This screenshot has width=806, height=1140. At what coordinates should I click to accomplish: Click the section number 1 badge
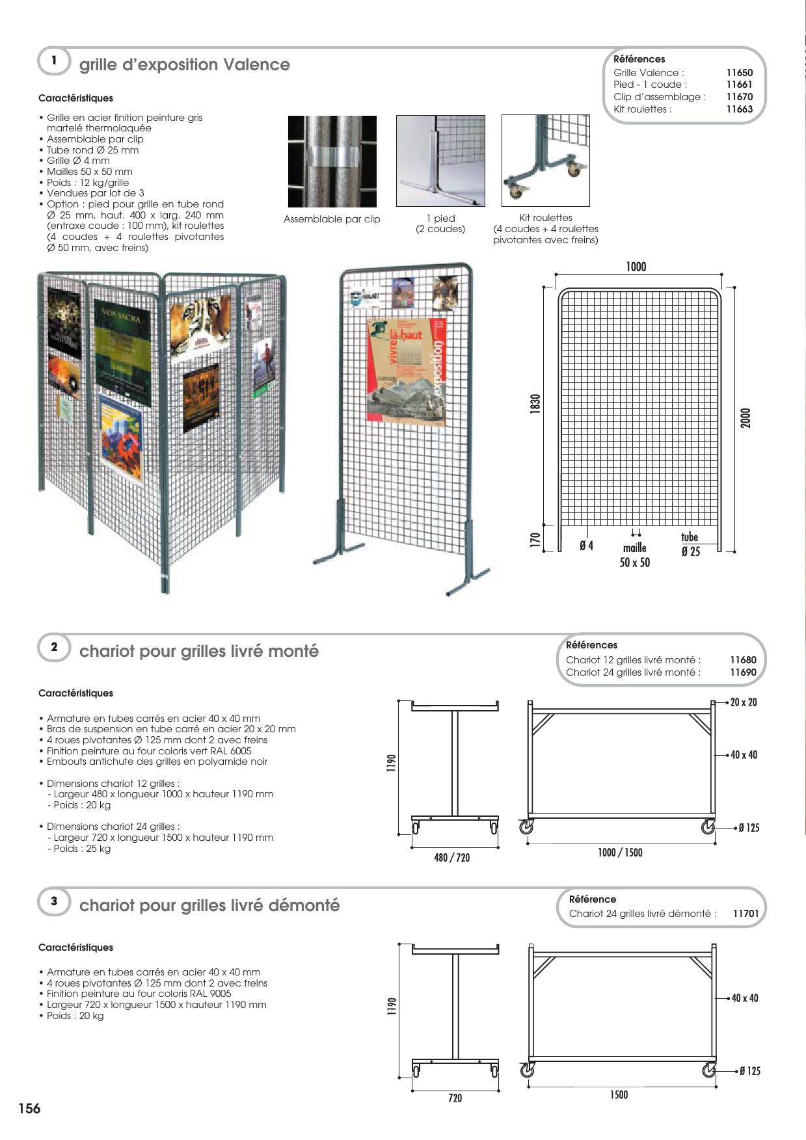pyautogui.click(x=54, y=61)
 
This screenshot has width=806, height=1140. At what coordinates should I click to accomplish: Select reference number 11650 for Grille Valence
pyautogui.click(x=739, y=73)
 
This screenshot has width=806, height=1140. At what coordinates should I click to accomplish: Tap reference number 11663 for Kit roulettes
pyautogui.click(x=739, y=109)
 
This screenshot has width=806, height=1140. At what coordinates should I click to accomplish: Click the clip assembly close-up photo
pyautogui.click(x=332, y=161)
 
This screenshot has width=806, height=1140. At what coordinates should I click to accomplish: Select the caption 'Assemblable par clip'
pyautogui.click(x=332, y=219)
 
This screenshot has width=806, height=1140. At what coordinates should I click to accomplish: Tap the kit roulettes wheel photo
pyautogui.click(x=545, y=161)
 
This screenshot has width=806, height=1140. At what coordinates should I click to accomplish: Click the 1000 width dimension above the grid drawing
pyautogui.click(x=636, y=267)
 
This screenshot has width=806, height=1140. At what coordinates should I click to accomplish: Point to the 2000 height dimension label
pyautogui.click(x=746, y=418)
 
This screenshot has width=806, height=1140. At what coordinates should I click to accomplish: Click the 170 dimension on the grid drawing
pyautogui.click(x=535, y=540)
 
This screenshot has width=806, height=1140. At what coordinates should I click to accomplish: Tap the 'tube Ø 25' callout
pyautogui.click(x=690, y=544)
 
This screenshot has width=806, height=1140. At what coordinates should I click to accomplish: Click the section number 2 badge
pyautogui.click(x=54, y=647)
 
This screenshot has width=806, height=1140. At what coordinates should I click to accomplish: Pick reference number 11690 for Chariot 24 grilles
pyautogui.click(x=743, y=672)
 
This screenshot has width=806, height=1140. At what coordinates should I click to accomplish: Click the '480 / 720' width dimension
pyautogui.click(x=451, y=858)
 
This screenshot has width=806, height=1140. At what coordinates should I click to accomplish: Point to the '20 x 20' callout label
pyautogui.click(x=744, y=702)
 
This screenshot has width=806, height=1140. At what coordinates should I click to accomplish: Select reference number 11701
pyautogui.click(x=746, y=914)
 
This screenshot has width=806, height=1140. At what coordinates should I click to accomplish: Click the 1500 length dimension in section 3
pyautogui.click(x=619, y=1095)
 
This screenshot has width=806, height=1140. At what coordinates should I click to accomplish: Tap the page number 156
pyautogui.click(x=29, y=1109)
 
